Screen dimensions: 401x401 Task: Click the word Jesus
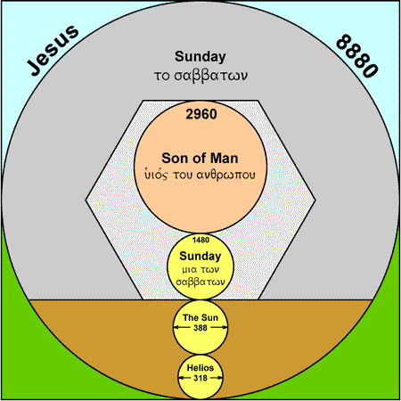53,50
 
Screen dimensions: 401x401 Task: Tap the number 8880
357,56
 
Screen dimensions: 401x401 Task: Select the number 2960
201,114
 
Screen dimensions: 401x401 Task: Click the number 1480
200,240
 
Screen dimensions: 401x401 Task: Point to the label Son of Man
200,159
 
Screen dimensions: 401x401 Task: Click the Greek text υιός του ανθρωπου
200,175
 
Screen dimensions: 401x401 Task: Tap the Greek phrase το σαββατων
200,76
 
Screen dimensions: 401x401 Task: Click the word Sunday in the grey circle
200,56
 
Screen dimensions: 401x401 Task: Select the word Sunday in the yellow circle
200,256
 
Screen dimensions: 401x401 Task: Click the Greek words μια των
200,270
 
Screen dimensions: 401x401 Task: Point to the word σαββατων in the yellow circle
200,282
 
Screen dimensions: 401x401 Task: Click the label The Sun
200,317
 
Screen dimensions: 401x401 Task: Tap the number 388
200,328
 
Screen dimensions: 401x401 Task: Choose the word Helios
200,368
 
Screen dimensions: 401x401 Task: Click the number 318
200,378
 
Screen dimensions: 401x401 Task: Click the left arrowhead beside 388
176,328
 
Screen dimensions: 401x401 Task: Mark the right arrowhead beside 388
225,328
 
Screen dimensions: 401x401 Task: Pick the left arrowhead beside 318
181,378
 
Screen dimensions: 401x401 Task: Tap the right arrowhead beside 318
220,378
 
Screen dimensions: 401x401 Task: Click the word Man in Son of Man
225,159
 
